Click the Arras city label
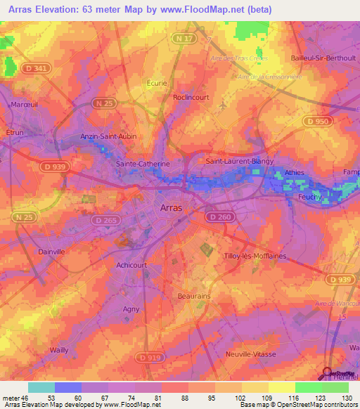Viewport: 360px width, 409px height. (x=172, y=208)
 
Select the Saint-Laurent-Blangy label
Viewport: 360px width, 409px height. (x=239, y=161)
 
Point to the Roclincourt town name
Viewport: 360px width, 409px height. (x=191, y=98)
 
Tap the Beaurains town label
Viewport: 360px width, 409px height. (x=195, y=297)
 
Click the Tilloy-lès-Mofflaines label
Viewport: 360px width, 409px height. (x=255, y=257)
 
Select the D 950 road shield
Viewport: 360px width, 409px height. (x=316, y=122)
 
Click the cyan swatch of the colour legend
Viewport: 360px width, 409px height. (x=41, y=387)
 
